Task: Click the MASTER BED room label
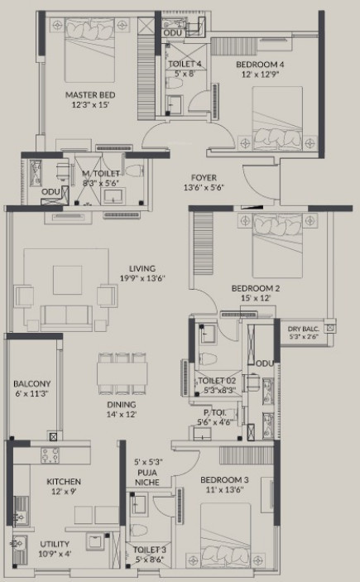tap(89, 95)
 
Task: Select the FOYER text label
tap(203, 177)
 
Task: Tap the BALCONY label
tap(32, 383)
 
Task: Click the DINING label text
tap(120, 404)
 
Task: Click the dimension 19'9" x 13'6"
tap(142, 278)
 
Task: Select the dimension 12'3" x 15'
tap(89, 106)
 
